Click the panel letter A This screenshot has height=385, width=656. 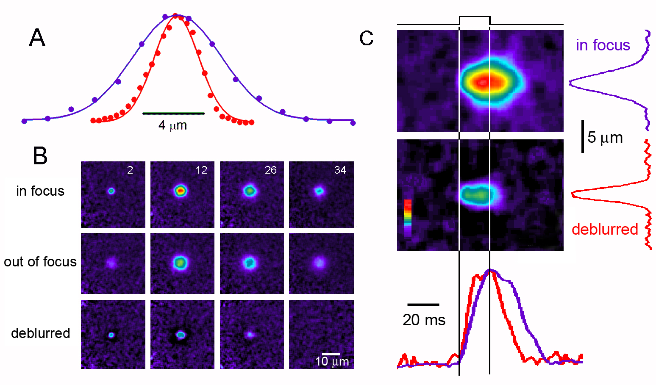click(37, 38)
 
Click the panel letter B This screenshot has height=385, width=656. click(40, 156)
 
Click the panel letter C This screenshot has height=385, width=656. click(366, 38)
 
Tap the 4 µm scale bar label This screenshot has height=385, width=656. click(173, 125)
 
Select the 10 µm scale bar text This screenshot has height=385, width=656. click(332, 361)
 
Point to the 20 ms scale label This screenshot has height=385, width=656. click(424, 320)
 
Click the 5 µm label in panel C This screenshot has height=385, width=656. click(605, 138)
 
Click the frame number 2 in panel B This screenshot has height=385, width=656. click(130, 170)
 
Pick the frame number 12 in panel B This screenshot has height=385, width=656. click(201, 170)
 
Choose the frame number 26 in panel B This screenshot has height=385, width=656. click(270, 170)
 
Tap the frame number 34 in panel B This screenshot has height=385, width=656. click(340, 170)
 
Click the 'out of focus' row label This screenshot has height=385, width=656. click(40, 262)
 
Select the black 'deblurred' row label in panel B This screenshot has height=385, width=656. click(41, 333)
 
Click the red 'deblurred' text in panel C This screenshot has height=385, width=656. click(605, 229)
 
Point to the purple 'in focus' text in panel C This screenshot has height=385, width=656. click(603, 45)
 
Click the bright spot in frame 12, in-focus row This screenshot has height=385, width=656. click(181, 191)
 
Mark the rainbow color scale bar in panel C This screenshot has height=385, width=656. click(408, 218)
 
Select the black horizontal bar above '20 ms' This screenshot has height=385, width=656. click(423, 305)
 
